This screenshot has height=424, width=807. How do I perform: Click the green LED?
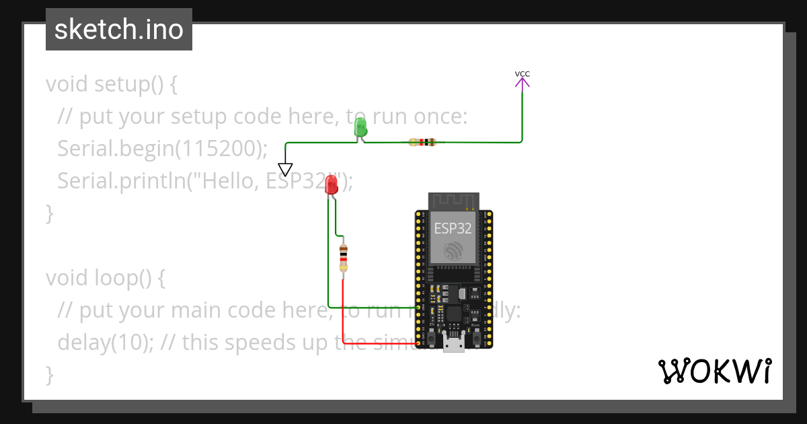click(360, 127)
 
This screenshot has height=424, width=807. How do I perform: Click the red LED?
click(331, 185)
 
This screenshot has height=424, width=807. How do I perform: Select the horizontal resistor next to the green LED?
click(422, 142)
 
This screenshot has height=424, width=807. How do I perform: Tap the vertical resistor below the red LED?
click(344, 258)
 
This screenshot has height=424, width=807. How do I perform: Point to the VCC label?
click(522, 74)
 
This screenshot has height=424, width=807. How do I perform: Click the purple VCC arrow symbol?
click(522, 82)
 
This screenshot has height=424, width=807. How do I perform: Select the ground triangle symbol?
click(285, 169)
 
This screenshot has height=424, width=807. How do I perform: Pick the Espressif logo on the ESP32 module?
click(453, 252)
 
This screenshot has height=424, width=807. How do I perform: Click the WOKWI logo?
click(714, 372)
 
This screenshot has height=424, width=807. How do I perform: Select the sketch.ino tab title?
click(119, 30)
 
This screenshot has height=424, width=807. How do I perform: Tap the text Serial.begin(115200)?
click(162, 149)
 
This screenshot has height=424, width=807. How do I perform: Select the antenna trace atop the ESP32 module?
click(453, 201)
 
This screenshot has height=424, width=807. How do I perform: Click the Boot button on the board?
click(476, 334)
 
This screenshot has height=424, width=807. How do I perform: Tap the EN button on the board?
click(431, 334)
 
